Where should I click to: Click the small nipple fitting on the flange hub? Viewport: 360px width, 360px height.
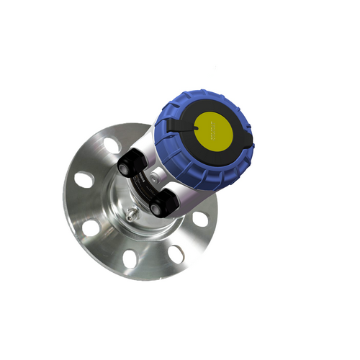(130, 214)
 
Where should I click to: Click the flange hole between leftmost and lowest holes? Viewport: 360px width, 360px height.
(91, 228)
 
